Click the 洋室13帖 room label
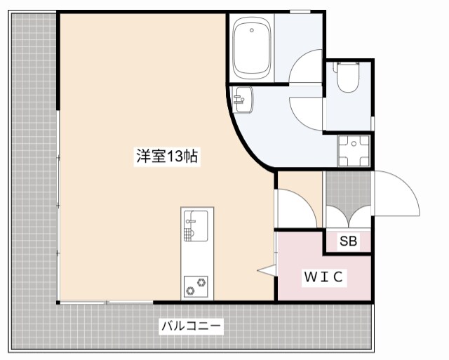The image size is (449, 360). coord(167,156)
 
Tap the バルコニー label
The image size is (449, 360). coord(191,326)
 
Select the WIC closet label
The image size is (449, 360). coord(324,277)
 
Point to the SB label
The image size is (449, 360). coord(348,241)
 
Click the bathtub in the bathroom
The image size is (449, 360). coord(252,48)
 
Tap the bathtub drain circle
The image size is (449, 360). coord(252,30)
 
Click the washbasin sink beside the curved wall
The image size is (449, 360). coord(243,100)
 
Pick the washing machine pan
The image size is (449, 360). coord(354,151)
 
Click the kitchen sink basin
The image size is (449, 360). coord(196,226)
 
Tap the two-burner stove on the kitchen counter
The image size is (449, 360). coord(196,286)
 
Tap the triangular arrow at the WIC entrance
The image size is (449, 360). coord(267,270)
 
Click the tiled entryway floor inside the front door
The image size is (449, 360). coord(348,189)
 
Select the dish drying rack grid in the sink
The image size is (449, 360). coord(187,234)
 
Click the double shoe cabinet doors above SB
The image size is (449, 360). coord(348,217)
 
